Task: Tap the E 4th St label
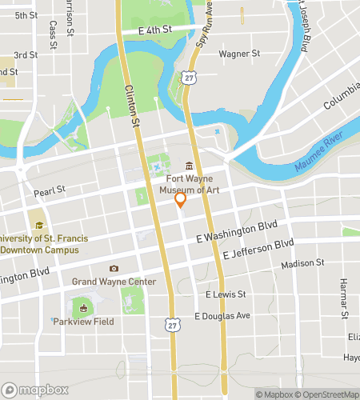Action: click(155, 30)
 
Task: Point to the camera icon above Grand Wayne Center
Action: click(114, 269)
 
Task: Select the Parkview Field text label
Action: click(83, 322)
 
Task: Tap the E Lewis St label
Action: click(224, 294)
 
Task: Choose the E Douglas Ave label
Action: click(222, 315)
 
